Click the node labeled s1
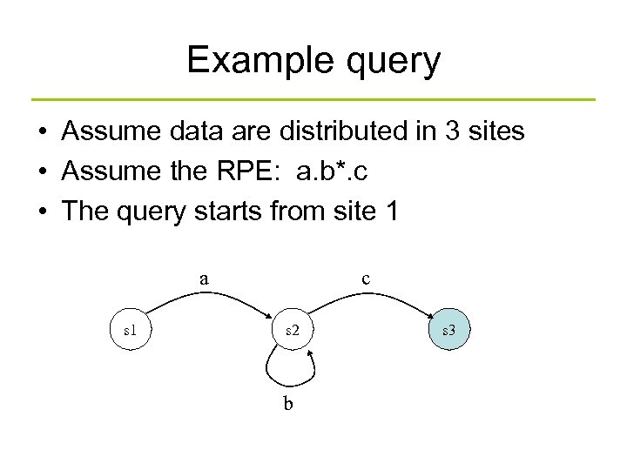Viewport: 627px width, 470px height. tap(130, 331)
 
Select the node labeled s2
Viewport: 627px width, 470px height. tap(291, 331)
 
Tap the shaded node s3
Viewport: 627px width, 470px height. tap(449, 331)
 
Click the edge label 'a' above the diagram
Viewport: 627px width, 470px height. tap(204, 279)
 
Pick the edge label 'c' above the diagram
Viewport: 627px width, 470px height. tap(366, 279)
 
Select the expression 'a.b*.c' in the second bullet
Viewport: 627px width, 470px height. tap(331, 172)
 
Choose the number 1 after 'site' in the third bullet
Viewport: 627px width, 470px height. tap(390, 211)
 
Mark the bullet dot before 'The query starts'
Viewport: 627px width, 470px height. tap(42, 212)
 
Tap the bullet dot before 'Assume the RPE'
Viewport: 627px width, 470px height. tap(42, 172)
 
